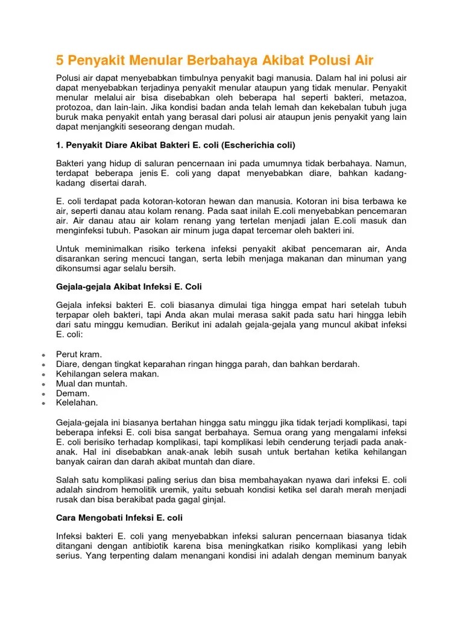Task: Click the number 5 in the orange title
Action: coord(60,60)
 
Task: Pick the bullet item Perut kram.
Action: coord(79,354)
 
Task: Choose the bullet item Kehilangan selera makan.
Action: coord(107,374)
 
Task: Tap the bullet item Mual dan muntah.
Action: coord(91,383)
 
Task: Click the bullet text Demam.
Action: coord(73,393)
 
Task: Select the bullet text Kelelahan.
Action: coord(77,402)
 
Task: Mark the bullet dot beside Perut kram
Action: coord(44,355)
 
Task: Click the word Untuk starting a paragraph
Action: coord(68,248)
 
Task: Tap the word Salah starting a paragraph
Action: coord(68,480)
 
